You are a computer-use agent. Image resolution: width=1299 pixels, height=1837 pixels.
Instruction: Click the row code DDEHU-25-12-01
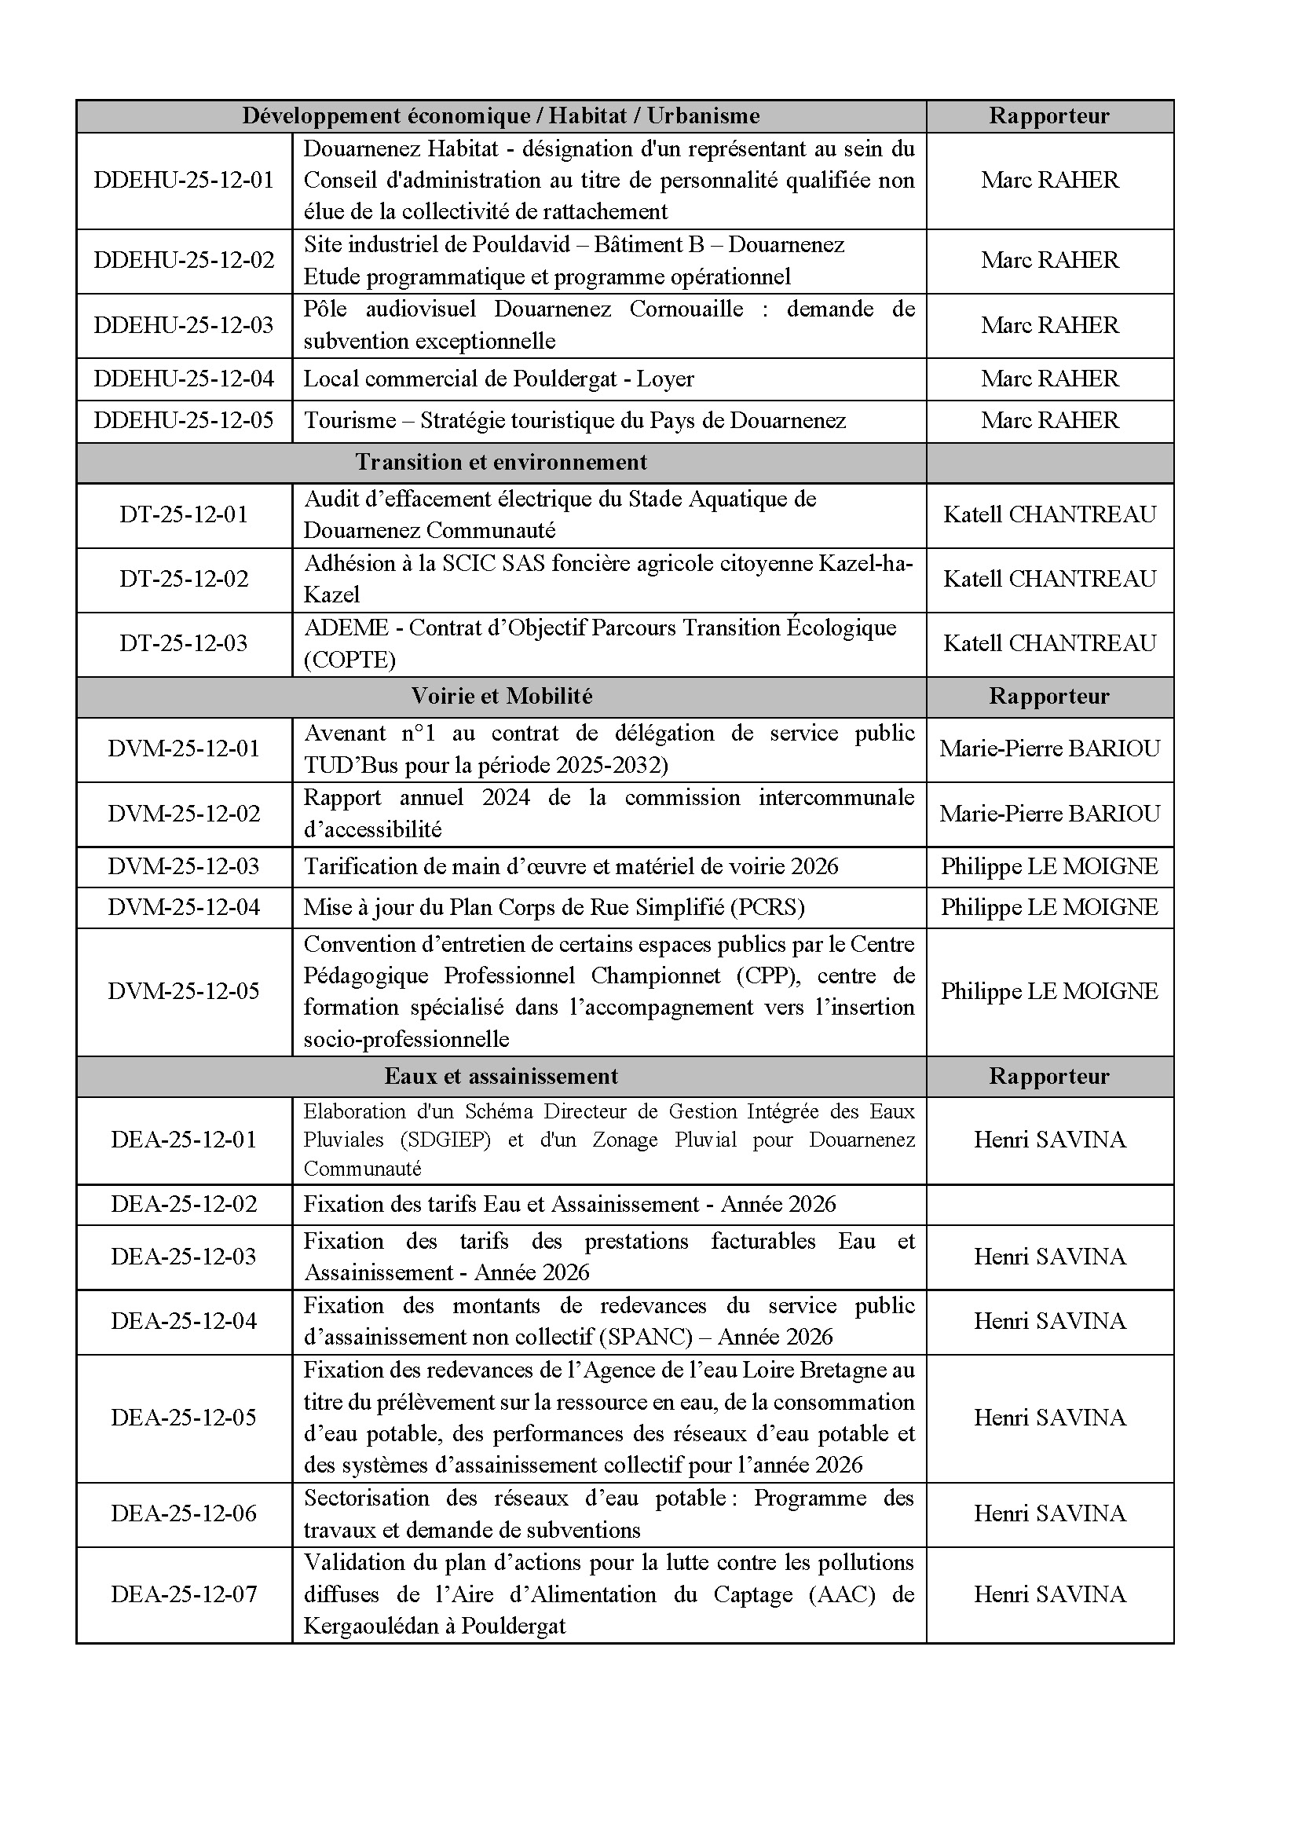184,180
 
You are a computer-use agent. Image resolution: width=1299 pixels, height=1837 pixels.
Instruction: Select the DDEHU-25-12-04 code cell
184,379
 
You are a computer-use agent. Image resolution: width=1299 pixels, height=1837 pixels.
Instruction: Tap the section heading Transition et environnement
501,463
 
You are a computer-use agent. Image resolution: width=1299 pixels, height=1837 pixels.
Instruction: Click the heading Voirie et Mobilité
502,696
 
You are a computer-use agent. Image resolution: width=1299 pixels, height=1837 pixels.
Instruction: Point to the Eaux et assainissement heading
501,1076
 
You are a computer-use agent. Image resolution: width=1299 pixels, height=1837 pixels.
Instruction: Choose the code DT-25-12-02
184,579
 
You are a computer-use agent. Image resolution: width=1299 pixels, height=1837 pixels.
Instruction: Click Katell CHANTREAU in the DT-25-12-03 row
1049,643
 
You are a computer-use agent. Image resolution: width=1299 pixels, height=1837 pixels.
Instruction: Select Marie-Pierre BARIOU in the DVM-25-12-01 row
1049,749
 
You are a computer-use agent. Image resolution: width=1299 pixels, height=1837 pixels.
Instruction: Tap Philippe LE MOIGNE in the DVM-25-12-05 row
1049,991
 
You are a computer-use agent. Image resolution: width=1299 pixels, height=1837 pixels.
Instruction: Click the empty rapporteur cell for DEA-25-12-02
1049,1204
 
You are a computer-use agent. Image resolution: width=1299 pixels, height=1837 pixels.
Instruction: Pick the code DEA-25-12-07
184,1594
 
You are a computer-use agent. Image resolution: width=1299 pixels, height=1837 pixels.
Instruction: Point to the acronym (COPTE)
349,659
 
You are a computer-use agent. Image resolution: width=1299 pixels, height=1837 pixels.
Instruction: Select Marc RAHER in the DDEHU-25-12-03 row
1049,325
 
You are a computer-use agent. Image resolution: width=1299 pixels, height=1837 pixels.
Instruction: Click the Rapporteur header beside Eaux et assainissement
1049,1076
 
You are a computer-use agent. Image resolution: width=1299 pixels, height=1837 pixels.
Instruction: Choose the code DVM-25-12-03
184,866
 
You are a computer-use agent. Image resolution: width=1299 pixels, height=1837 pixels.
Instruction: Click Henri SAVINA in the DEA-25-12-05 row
1049,1418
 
